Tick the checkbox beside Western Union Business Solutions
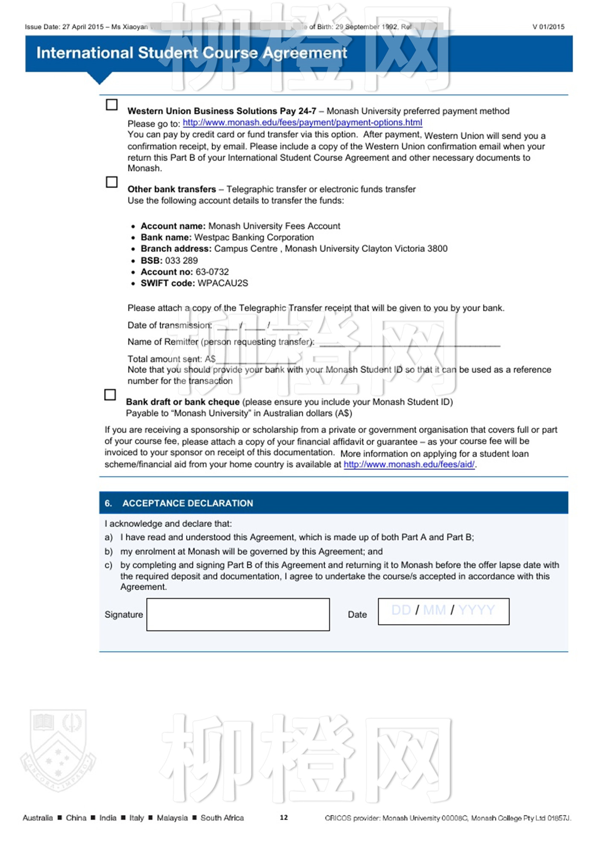(112, 105)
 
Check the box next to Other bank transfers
(112, 182)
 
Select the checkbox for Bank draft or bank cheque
(110, 395)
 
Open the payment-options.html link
(302, 123)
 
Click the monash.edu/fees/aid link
(409, 465)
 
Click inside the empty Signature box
(238, 614)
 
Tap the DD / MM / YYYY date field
(443, 611)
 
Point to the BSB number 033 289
(181, 260)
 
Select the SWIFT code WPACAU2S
(223, 283)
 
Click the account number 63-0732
(212, 272)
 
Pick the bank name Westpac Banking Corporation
(254, 237)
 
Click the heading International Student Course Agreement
(191, 53)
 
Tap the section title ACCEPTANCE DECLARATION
(188, 503)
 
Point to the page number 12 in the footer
(284, 818)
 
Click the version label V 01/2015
(548, 27)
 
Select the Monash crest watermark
(58, 750)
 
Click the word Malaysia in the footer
(172, 818)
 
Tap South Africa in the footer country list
(222, 818)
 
